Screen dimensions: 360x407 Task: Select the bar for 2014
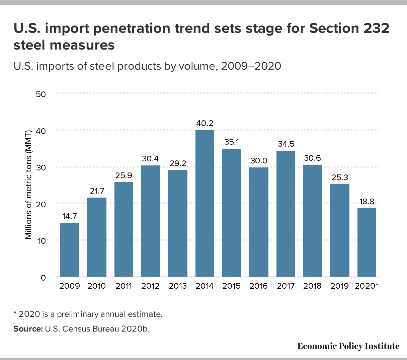coord(205,203)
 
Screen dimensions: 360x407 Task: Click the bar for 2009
coord(70,250)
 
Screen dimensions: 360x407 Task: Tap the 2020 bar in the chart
coord(367,242)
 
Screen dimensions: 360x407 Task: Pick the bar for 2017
coord(286,214)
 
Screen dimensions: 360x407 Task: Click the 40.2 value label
coord(205,124)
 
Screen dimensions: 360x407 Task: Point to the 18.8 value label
coord(367,202)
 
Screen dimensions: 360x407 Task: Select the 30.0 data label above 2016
coord(259,161)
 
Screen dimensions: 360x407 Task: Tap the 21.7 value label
coord(97,191)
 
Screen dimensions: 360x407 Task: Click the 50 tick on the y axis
coord(40,94)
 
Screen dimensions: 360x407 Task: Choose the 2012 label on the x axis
coord(151,286)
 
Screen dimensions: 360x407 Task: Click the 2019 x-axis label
coord(339,286)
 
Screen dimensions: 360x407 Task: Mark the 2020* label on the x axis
coord(367,286)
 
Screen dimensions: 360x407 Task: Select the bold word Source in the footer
coord(27,329)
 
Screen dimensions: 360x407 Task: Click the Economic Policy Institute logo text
coord(348,346)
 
